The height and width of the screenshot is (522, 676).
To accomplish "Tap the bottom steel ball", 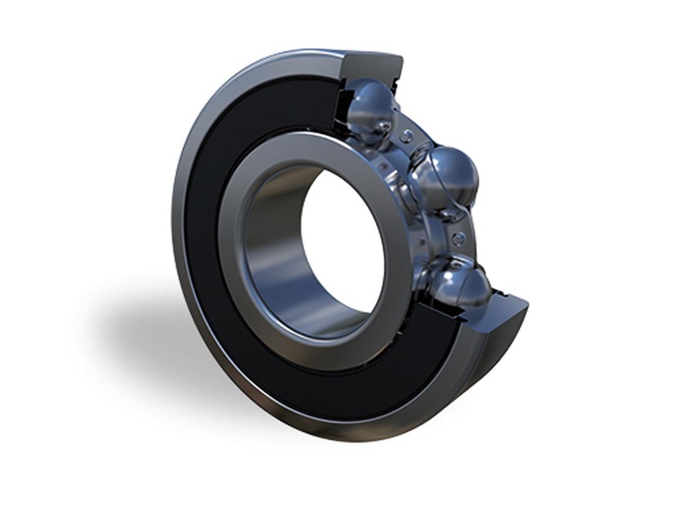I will pyautogui.click(x=459, y=284).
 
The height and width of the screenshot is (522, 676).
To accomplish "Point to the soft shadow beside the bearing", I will pyautogui.click(x=132, y=330).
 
